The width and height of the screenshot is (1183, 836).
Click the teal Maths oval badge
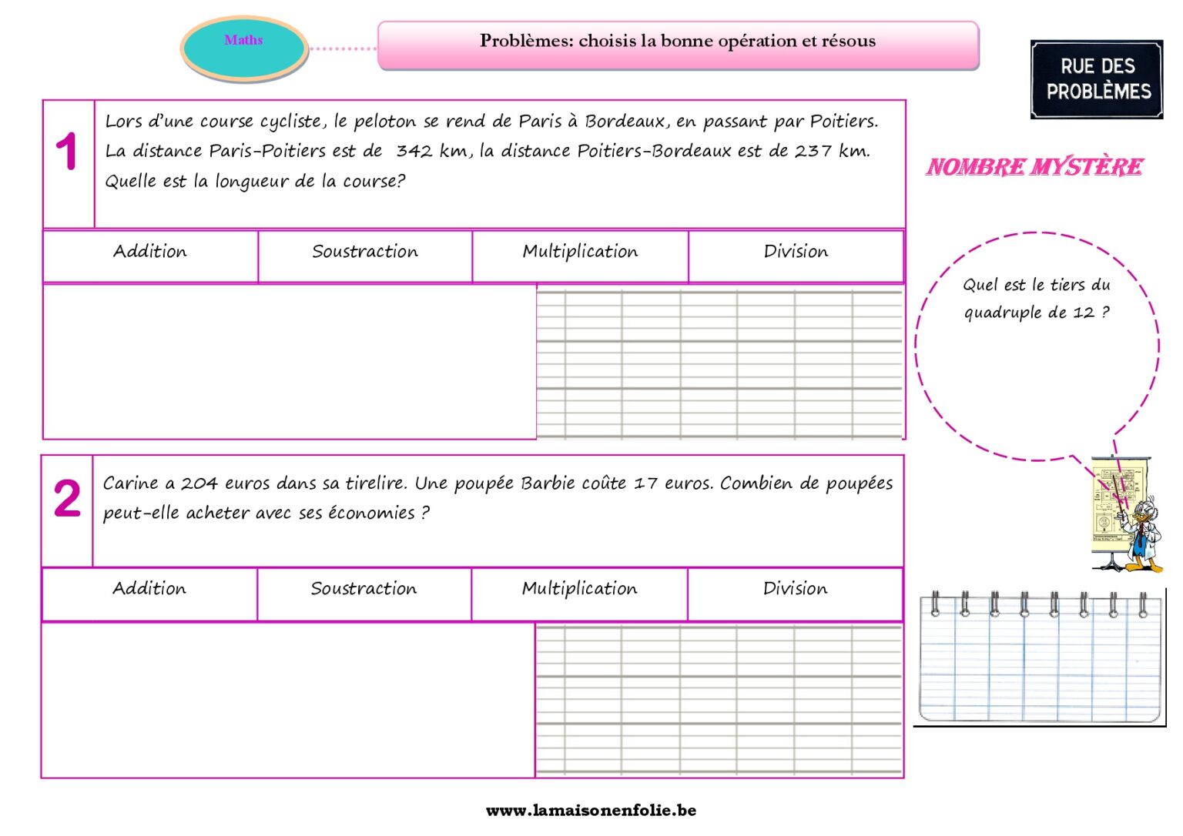pyautogui.click(x=244, y=48)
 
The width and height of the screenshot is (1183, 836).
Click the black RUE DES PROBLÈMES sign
pyautogui.click(x=1097, y=79)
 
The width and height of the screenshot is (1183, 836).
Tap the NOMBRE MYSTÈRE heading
pyautogui.click(x=1034, y=167)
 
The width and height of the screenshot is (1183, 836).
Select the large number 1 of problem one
pyautogui.click(x=67, y=152)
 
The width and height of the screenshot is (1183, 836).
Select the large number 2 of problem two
pyautogui.click(x=67, y=498)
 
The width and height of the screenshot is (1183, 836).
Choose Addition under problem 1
pyautogui.click(x=150, y=252)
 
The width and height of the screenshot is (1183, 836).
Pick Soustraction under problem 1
pyautogui.click(x=365, y=252)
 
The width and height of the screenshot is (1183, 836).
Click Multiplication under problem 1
pyautogui.click(x=580, y=252)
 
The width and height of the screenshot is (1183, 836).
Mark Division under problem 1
pyautogui.click(x=796, y=252)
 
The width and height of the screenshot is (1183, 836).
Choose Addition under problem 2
pyautogui.click(x=149, y=589)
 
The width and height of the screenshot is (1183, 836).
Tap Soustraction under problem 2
pyautogui.click(x=364, y=589)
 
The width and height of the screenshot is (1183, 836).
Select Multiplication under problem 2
pyautogui.click(x=579, y=589)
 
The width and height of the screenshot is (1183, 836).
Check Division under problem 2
pyautogui.click(x=795, y=589)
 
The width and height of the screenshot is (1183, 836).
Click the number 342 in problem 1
pyautogui.click(x=414, y=151)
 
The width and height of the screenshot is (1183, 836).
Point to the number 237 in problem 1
pyautogui.click(x=813, y=151)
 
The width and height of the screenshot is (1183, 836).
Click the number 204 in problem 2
pyautogui.click(x=199, y=483)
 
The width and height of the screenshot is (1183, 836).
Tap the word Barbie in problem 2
pyautogui.click(x=548, y=483)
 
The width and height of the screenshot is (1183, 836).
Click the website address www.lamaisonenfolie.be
pyautogui.click(x=591, y=810)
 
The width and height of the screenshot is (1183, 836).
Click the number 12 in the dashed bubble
pyautogui.click(x=1083, y=313)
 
